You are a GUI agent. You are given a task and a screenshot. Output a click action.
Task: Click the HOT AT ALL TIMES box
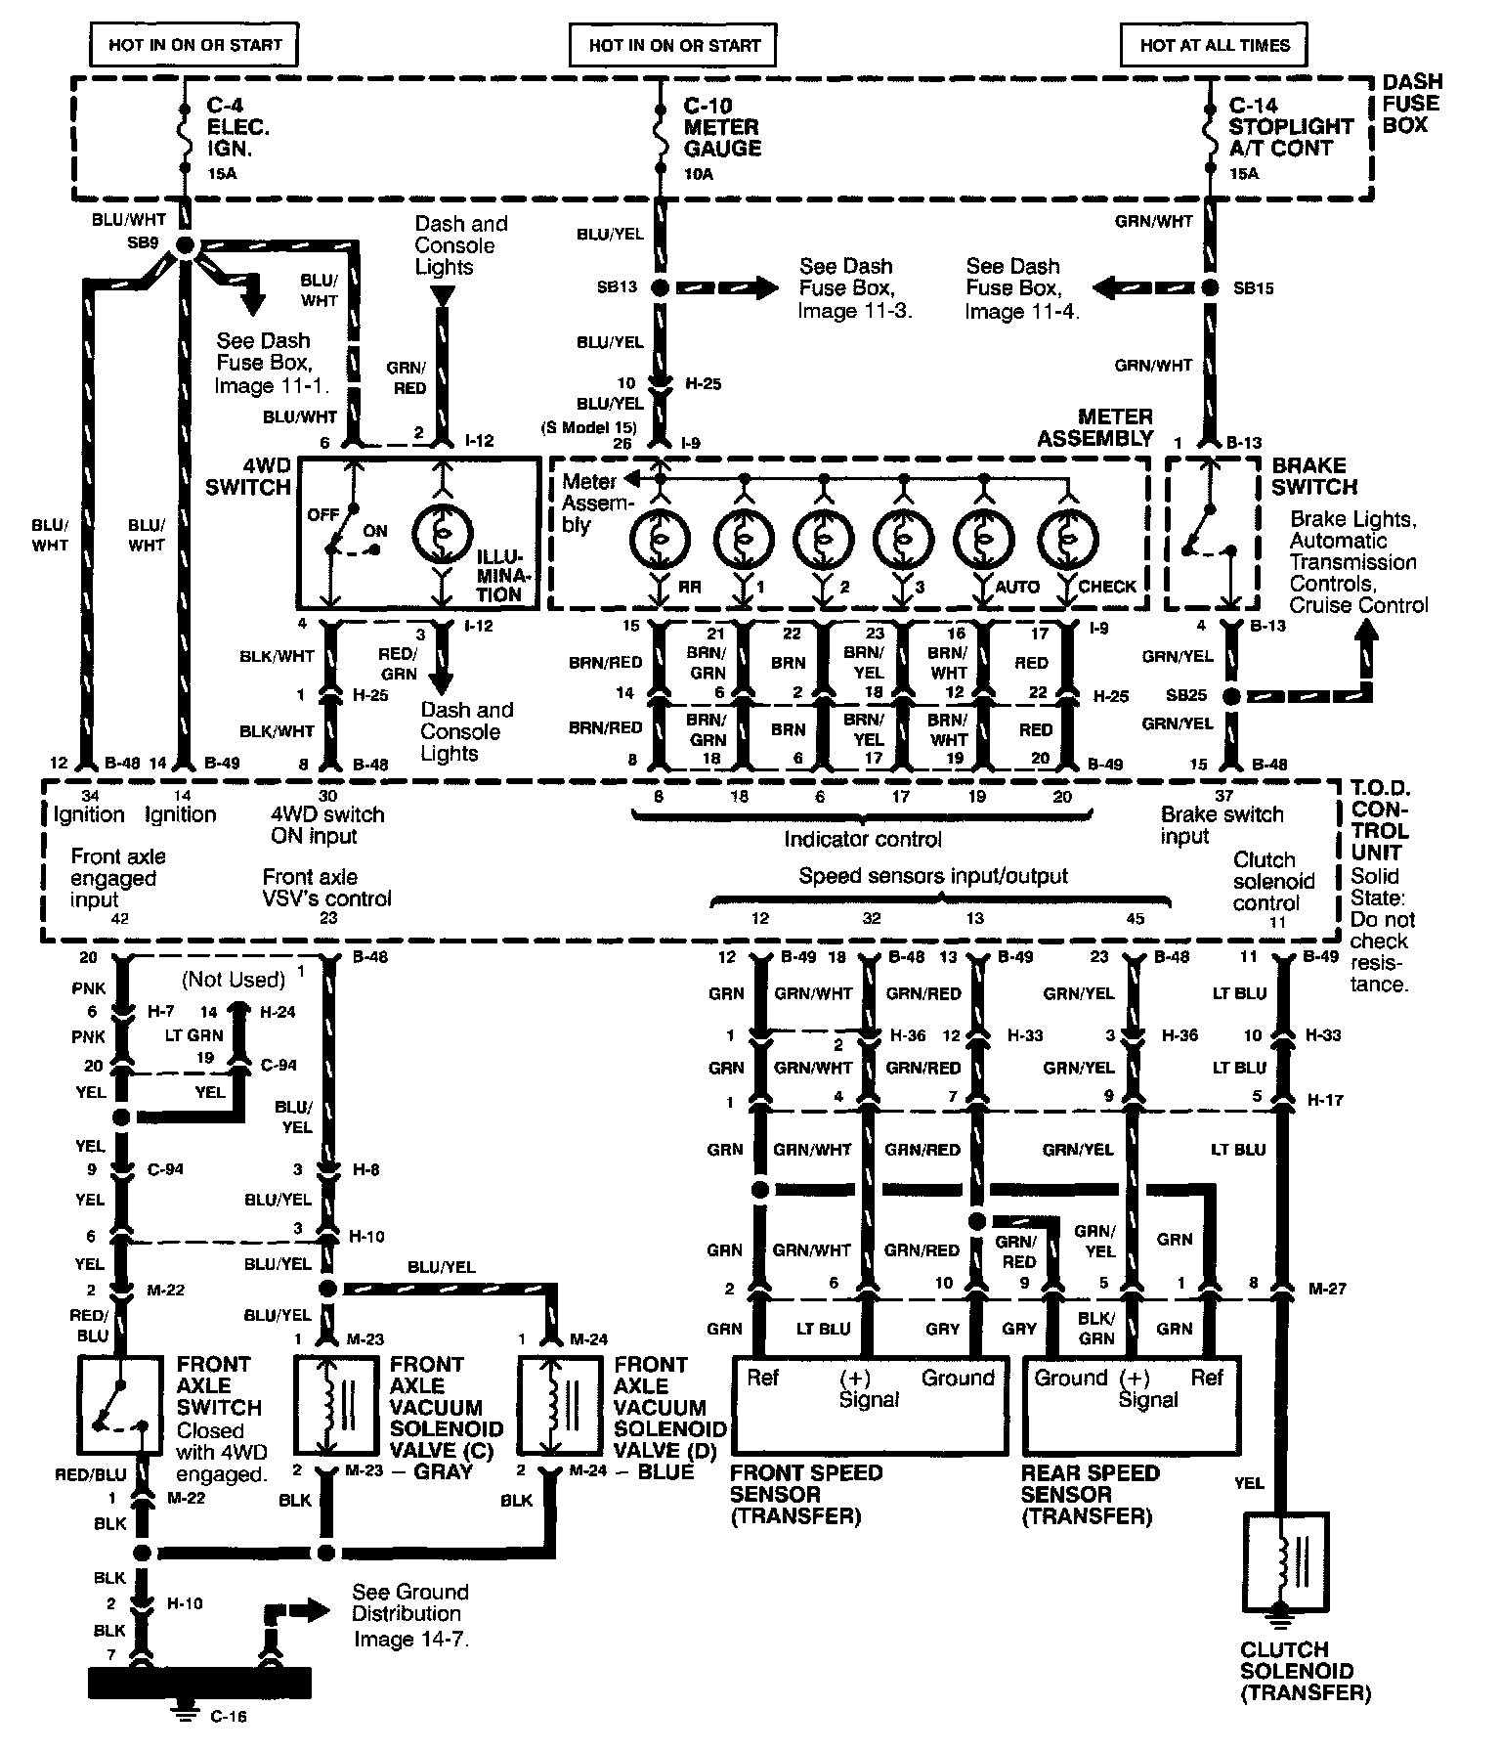pyautogui.click(x=1215, y=45)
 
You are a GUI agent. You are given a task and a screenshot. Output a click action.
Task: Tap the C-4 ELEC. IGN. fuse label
pyautogui.click(x=237, y=127)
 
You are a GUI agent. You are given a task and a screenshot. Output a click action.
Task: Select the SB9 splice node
pyautogui.click(x=183, y=244)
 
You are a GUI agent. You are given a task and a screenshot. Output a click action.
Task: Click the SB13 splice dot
pyautogui.click(x=661, y=288)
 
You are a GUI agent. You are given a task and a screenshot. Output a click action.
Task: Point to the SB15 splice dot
pyautogui.click(x=1211, y=288)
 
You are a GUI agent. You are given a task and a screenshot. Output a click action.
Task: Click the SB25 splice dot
pyautogui.click(x=1231, y=696)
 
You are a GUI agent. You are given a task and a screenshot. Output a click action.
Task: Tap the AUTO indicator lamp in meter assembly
pyautogui.click(x=985, y=538)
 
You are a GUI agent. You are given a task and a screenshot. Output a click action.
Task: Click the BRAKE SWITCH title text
pyautogui.click(x=1314, y=476)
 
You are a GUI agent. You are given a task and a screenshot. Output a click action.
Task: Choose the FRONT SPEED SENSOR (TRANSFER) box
pyautogui.click(x=870, y=1404)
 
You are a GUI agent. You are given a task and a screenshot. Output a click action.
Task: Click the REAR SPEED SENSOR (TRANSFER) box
pyautogui.click(x=1130, y=1404)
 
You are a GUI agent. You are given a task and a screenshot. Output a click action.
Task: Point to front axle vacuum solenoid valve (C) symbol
pyautogui.click(x=335, y=1404)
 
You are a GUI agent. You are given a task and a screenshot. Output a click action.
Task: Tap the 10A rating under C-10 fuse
pyautogui.click(x=700, y=174)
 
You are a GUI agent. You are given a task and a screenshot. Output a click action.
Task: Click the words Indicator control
pyautogui.click(x=863, y=839)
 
